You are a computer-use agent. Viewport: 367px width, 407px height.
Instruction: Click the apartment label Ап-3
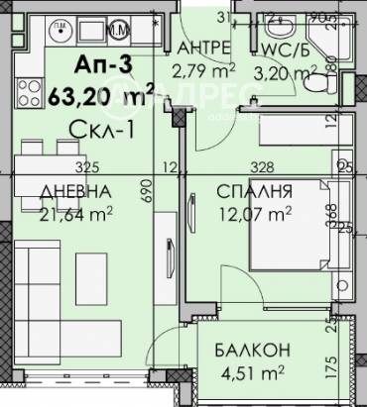(x=103, y=66)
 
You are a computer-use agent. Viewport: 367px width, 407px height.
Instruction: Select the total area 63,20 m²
(x=104, y=96)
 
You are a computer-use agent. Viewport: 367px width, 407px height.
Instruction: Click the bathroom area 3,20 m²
(x=285, y=71)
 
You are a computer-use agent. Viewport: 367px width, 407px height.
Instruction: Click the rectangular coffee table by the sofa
(x=94, y=266)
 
